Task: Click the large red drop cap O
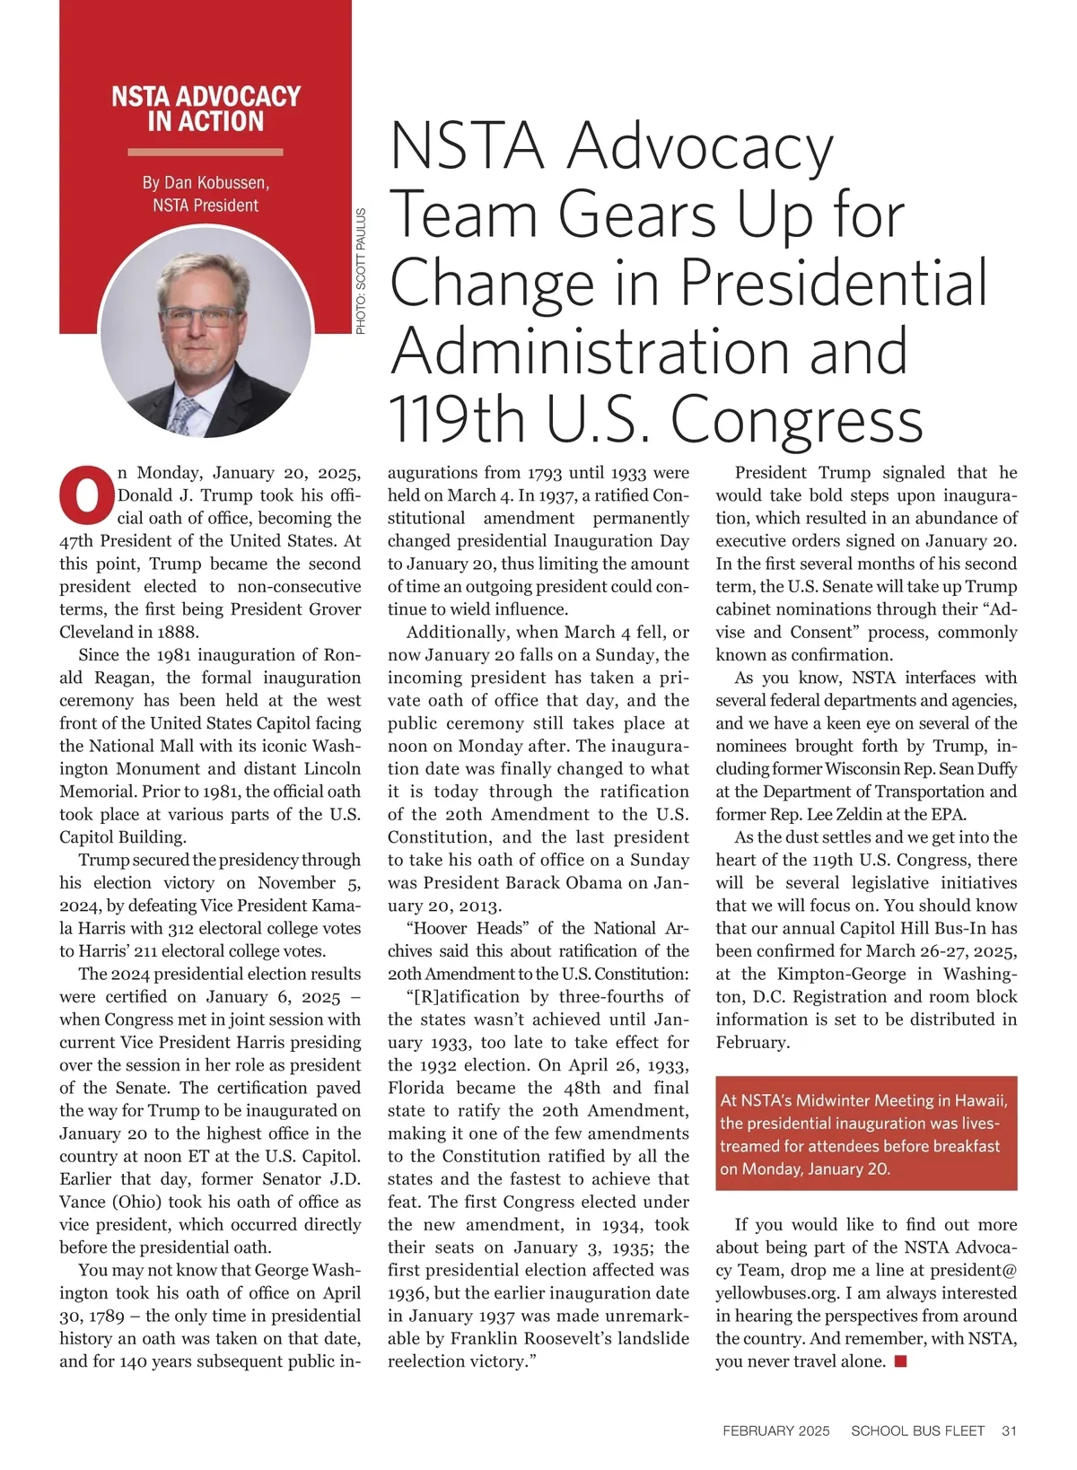pyautogui.click(x=87, y=494)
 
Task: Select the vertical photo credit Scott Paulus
pyautogui.click(x=361, y=271)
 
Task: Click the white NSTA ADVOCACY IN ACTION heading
pyautogui.click(x=206, y=109)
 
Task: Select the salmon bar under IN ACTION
pyautogui.click(x=206, y=152)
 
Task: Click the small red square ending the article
pyautogui.click(x=900, y=1361)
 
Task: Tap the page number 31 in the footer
pyautogui.click(x=1009, y=1431)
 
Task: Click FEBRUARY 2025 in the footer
pyautogui.click(x=775, y=1431)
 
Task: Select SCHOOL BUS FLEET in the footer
pyautogui.click(x=917, y=1431)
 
